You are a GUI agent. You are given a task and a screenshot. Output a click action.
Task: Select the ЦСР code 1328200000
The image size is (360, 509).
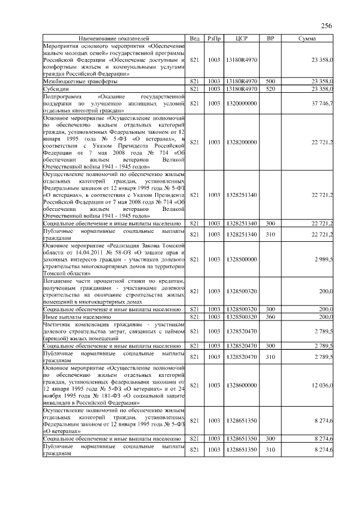(241, 142)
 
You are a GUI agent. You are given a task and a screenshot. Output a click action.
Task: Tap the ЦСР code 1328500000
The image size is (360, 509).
(241, 259)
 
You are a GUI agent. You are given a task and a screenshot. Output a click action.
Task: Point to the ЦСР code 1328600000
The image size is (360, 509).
(241, 385)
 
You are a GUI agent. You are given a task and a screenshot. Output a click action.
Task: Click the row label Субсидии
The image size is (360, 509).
(56, 89)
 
